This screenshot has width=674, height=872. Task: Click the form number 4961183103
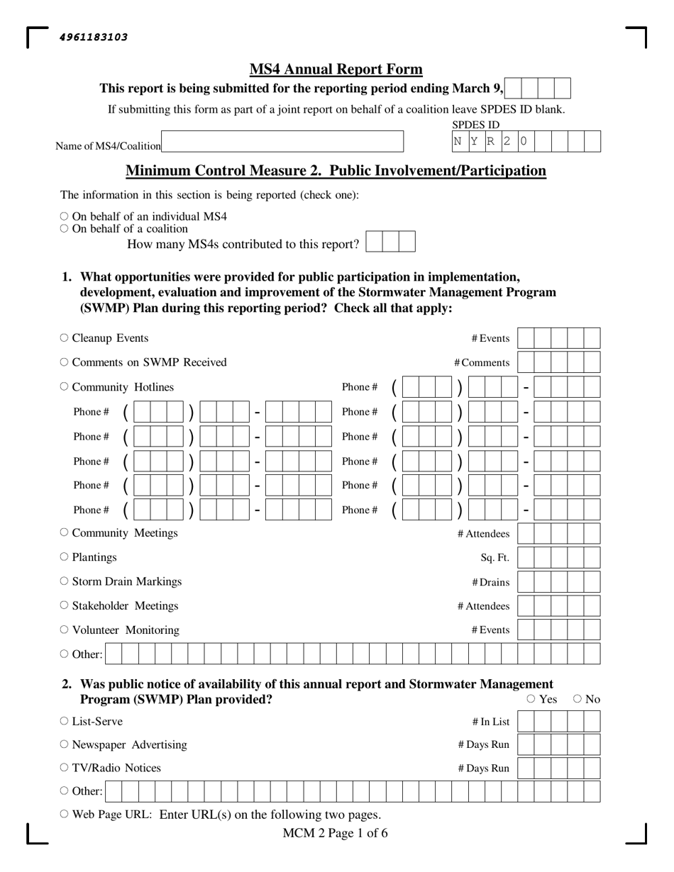[94, 38]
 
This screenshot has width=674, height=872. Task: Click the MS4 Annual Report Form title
[336, 69]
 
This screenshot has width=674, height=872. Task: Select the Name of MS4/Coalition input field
[282, 142]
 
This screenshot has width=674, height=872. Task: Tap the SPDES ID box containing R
[490, 142]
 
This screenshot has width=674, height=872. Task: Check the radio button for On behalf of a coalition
[65, 228]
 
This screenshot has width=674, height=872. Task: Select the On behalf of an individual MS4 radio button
[65, 216]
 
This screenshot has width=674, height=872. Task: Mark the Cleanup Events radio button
[65, 338]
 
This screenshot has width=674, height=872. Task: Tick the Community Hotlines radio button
[65, 386]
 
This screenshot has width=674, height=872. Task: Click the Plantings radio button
[65, 557]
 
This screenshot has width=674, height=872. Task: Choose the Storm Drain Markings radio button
[65, 581]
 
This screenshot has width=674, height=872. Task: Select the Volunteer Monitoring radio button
[65, 630]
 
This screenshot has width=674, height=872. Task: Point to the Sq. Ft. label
[495, 558]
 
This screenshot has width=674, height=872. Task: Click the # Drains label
[490, 582]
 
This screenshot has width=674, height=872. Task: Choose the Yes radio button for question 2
[531, 699]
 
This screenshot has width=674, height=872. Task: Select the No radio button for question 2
[578, 699]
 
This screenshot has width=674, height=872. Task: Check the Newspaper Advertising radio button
[65, 744]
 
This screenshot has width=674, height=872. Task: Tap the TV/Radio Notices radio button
[65, 768]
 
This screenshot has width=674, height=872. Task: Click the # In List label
[490, 722]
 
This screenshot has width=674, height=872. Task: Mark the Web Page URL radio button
[65, 814]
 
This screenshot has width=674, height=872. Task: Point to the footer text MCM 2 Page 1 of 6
[335, 833]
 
